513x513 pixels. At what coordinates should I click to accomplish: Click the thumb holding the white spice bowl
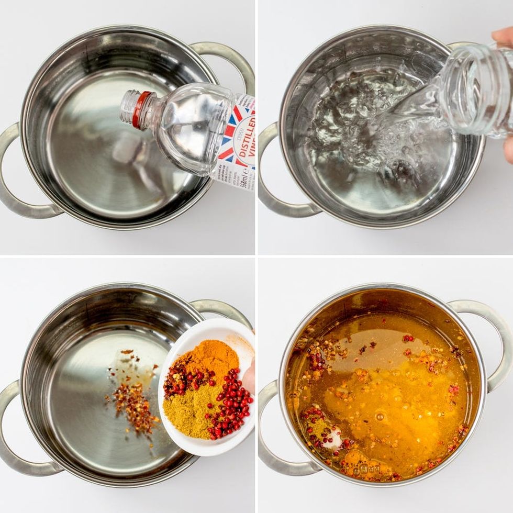click(x=249, y=377)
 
